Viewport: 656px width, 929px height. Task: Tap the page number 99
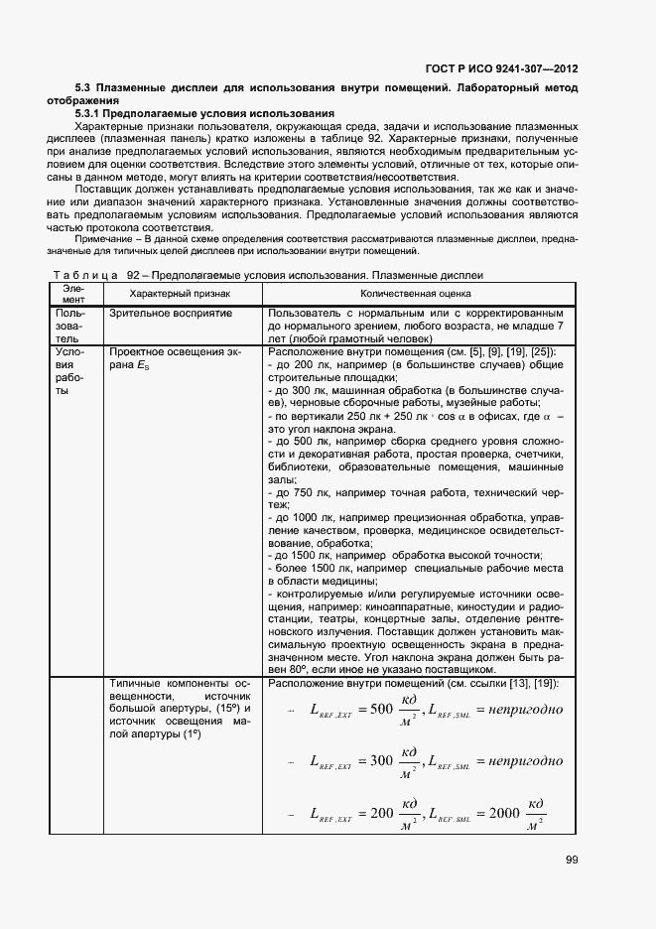pos(570,860)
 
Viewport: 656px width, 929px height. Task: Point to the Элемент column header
pos(73,294)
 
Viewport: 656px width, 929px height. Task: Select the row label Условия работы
pos(70,371)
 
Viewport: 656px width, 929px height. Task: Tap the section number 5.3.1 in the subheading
pos(94,114)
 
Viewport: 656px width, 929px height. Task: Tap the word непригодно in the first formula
pos(519,709)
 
